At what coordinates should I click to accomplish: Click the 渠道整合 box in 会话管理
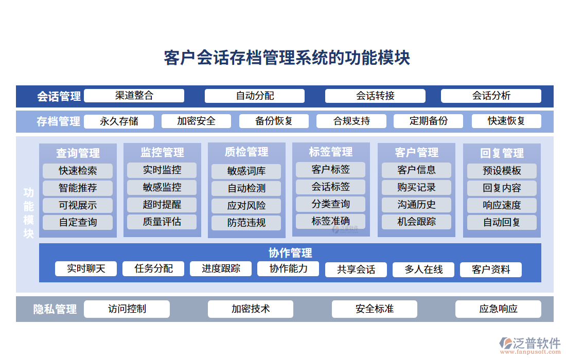pyautogui.click(x=134, y=96)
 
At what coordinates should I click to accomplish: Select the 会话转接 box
pyautogui.click(x=375, y=96)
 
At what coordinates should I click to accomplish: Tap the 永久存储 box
pyautogui.click(x=119, y=121)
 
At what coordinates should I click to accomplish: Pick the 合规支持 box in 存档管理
pyautogui.click(x=351, y=121)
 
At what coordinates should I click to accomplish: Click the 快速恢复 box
pyautogui.click(x=506, y=121)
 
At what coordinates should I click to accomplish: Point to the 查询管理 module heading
pyautogui.click(x=78, y=153)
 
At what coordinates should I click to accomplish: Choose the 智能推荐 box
pyautogui.click(x=78, y=188)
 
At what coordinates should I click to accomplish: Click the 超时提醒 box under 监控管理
pyautogui.click(x=162, y=204)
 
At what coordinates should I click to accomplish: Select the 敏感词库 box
pyautogui.click(x=246, y=171)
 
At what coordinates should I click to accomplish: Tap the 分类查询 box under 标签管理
pyautogui.click(x=330, y=204)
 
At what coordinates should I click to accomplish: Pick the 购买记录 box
pyautogui.click(x=416, y=187)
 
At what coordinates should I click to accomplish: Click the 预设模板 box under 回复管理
pyautogui.click(x=502, y=171)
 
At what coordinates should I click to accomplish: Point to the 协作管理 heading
pyautogui.click(x=290, y=253)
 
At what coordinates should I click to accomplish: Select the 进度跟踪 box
pyautogui.click(x=221, y=268)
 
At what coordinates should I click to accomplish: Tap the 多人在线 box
pyautogui.click(x=423, y=269)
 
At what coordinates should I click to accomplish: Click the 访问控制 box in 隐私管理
pyautogui.click(x=127, y=309)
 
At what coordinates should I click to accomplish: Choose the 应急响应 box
pyautogui.click(x=498, y=309)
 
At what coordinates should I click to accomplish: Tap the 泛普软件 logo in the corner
pyautogui.click(x=530, y=345)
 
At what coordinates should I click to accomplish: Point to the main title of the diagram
pyautogui.click(x=287, y=58)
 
